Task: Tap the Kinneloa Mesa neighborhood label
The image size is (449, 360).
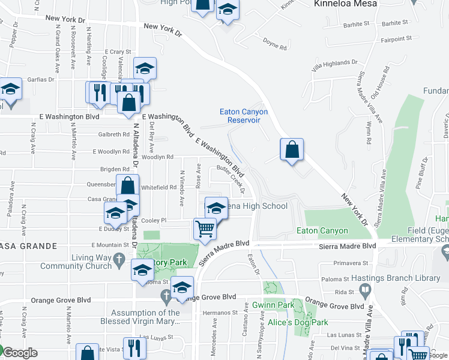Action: click(345, 4)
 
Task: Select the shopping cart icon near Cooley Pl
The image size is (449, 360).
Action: click(205, 229)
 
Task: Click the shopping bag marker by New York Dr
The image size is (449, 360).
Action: click(291, 151)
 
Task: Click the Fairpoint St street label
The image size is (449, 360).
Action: click(396, 38)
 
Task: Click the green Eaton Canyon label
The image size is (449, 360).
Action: click(322, 231)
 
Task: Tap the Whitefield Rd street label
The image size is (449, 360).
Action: click(159, 187)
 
